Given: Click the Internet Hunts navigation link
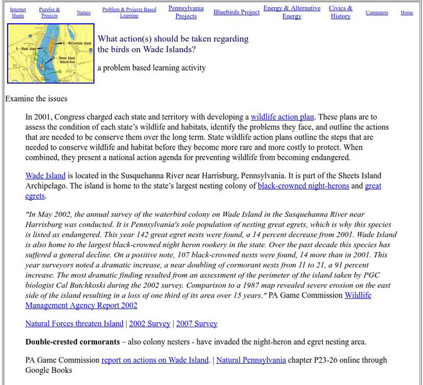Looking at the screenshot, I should [x=18, y=12].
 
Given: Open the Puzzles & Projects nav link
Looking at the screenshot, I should [x=50, y=12].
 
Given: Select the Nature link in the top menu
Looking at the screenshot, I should [x=84, y=12].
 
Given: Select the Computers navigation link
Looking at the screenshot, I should [x=377, y=12].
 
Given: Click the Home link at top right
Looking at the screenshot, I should [x=407, y=12].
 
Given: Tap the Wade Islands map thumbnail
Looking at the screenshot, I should [x=51, y=54].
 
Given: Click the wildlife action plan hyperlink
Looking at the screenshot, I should [x=282, y=117].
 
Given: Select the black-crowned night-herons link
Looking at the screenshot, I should [x=303, y=186].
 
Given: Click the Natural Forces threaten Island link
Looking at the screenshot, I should [x=73, y=324].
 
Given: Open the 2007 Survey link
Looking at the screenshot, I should [x=197, y=324].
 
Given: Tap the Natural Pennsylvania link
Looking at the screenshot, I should [x=251, y=360].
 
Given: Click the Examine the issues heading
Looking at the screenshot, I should [x=36, y=99].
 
